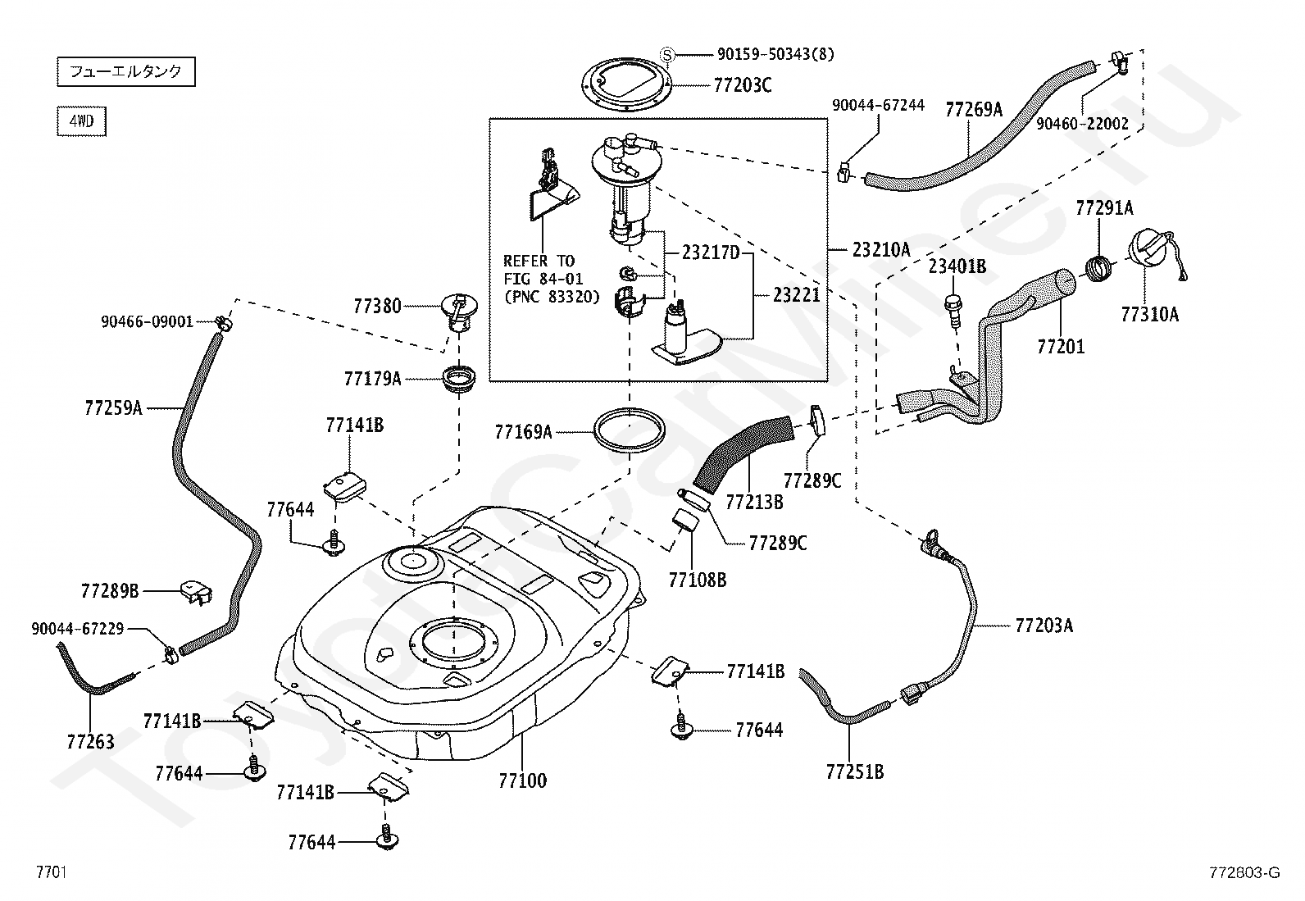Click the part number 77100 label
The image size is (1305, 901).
coord(522,780)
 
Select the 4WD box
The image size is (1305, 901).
coord(81,121)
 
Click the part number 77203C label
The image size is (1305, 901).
coord(743,84)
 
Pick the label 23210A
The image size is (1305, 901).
coord(881,250)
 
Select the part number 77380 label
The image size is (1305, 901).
coord(378,306)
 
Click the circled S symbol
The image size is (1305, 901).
coord(667,54)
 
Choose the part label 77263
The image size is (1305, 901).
coord(91,741)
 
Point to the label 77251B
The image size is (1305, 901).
coord(855,771)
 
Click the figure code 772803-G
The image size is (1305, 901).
coord(1244,873)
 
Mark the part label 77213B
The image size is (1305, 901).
coord(754,502)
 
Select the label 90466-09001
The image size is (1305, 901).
coord(147,322)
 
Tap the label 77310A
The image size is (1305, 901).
coord(1150,313)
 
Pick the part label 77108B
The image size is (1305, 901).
coord(698,580)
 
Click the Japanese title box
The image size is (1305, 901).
coord(125,71)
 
